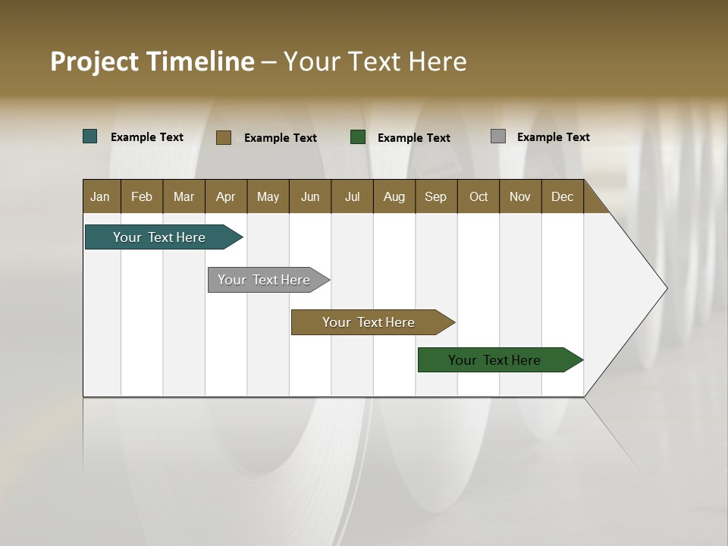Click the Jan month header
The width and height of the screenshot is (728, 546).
click(101, 196)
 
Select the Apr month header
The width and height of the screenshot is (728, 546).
click(226, 196)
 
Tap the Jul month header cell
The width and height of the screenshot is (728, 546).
click(352, 196)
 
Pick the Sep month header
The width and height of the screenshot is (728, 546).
click(436, 196)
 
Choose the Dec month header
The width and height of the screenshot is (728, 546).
click(562, 196)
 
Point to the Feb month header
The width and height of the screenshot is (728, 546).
click(142, 196)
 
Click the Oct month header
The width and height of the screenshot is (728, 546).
click(479, 196)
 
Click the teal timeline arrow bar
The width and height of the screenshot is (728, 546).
click(160, 237)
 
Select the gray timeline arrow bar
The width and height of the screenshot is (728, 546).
click(265, 280)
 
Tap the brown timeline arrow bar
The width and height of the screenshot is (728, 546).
click(369, 322)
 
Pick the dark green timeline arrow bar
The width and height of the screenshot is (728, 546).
click(495, 360)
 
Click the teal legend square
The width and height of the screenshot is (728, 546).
click(90, 136)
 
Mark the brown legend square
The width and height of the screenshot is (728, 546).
click(224, 137)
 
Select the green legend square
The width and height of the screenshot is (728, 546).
click(358, 137)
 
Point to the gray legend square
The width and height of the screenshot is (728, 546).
click(498, 136)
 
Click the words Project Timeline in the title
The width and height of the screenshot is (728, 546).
click(152, 61)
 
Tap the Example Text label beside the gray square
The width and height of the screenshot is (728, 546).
click(553, 137)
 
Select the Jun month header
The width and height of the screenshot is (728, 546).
click(310, 196)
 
